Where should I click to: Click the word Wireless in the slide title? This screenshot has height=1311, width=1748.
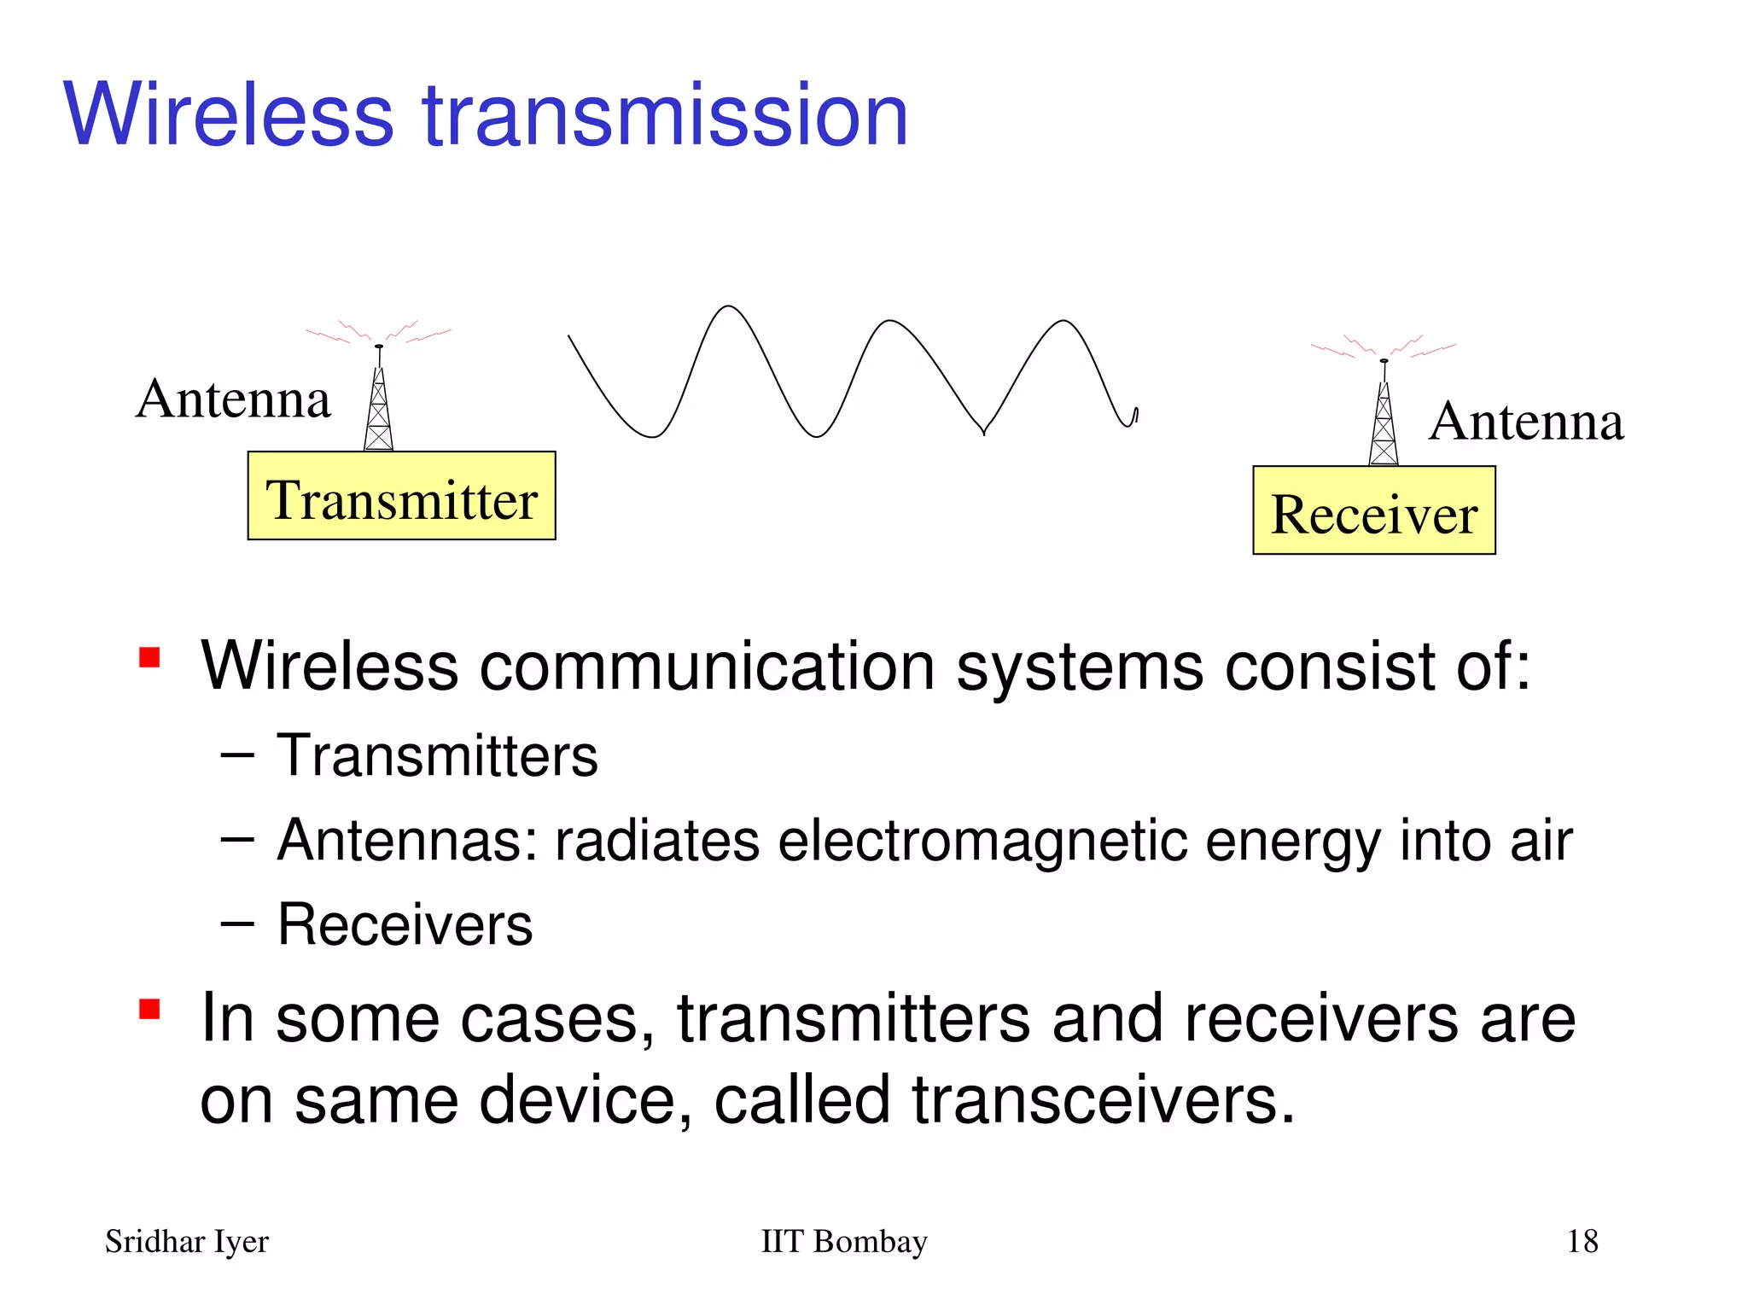(229, 115)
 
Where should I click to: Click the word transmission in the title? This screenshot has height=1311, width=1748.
(666, 115)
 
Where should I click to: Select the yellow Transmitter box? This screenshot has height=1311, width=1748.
(401, 496)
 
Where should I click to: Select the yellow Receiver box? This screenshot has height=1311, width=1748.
(1373, 510)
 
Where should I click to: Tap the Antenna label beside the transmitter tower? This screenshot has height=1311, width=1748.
(233, 399)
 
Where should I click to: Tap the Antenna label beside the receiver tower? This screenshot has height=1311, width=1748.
(1526, 421)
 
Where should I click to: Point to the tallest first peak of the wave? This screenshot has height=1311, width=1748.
(727, 307)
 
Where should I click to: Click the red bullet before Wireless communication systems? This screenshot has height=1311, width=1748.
(150, 658)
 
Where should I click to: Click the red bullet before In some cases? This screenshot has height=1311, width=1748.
(150, 1010)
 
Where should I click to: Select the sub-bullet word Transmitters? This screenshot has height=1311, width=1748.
(437, 756)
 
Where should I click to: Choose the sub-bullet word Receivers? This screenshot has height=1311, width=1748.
(405, 924)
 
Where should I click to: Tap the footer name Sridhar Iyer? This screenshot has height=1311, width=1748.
(186, 1241)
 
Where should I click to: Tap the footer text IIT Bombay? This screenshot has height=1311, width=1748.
(843, 1241)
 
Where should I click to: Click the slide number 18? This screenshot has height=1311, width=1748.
(1582, 1241)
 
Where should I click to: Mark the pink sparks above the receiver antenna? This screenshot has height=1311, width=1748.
(1383, 346)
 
